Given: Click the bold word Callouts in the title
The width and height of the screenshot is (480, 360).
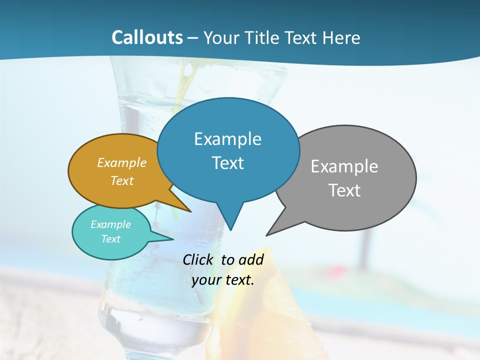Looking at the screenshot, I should [x=147, y=37].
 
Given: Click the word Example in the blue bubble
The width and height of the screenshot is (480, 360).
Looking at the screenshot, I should [x=227, y=139].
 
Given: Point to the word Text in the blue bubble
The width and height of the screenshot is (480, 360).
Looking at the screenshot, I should [x=227, y=163].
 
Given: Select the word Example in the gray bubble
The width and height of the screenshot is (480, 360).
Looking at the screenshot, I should [x=344, y=166].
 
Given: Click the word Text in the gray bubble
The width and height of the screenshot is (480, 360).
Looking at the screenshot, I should [x=344, y=190].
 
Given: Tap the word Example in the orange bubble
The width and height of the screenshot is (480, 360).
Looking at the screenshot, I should [x=122, y=163].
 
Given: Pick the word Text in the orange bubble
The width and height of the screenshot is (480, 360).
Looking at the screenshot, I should [x=122, y=181].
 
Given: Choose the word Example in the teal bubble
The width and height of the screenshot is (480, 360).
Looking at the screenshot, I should [x=110, y=224].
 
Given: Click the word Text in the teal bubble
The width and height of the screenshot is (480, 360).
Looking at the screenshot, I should [x=110, y=239].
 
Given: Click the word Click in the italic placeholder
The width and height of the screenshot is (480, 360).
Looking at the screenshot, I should [x=199, y=260].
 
